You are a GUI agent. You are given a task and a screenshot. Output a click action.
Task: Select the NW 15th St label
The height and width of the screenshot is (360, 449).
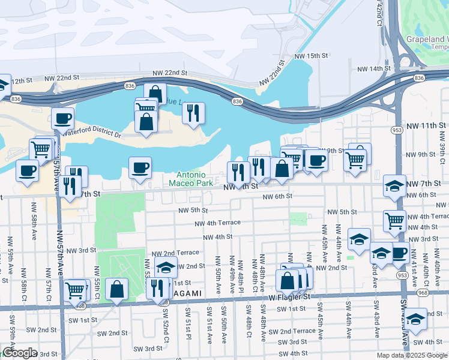tap(312, 56)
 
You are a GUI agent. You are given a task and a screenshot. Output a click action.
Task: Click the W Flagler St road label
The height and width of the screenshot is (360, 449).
tap(289, 296)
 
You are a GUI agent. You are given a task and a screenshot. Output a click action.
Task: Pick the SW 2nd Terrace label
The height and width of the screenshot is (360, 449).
tap(292, 331)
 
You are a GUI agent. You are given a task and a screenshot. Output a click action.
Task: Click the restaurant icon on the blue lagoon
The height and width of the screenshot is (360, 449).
tap(193, 113)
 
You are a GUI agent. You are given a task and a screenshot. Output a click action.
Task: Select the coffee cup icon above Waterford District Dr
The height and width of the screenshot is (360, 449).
tap(62, 119)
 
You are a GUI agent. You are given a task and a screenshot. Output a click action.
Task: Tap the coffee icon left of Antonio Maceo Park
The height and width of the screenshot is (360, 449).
tap(140, 167)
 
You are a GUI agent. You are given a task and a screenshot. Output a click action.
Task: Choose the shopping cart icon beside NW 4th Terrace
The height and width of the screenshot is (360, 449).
tap(394, 220)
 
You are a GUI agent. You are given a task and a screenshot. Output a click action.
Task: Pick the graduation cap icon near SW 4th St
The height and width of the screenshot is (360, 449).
tap(415, 319)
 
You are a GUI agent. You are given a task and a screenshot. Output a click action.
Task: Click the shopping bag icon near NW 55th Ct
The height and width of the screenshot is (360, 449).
tap(116, 289)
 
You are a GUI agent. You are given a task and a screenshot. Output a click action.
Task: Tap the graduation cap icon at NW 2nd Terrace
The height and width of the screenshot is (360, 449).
tap(166, 268)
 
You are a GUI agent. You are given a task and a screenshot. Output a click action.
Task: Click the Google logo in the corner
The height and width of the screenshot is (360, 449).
tap(19, 353)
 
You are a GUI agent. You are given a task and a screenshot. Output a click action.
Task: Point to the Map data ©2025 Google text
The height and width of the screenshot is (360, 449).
tap(412, 355)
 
